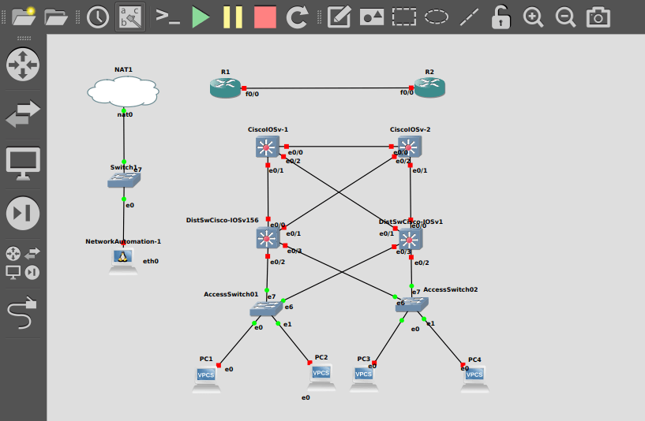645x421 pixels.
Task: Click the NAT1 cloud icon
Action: pyautogui.click(x=123, y=93)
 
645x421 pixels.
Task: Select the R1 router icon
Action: pyautogui.click(x=225, y=88)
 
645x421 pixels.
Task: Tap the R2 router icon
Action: pyautogui.click(x=429, y=88)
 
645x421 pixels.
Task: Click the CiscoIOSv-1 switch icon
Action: pyautogui.click(x=268, y=147)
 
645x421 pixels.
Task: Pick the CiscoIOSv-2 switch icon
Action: pyautogui.click(x=410, y=147)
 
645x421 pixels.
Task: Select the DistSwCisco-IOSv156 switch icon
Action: pyautogui.click(x=268, y=238)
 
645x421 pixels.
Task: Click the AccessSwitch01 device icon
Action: pyautogui.click(x=266, y=309)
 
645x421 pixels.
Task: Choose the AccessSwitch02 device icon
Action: pyautogui.click(x=411, y=304)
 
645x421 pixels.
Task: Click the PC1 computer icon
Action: pyautogui.click(x=206, y=377)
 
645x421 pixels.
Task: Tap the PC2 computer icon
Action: pyautogui.click(x=321, y=375)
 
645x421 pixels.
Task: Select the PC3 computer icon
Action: pyautogui.click(x=363, y=376)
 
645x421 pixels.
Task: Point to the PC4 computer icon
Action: pyautogui.click(x=474, y=377)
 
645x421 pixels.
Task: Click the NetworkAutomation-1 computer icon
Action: pyautogui.click(x=122, y=259)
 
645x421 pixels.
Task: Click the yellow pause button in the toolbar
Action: pyautogui.click(x=232, y=17)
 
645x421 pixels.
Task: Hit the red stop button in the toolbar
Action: pyautogui.click(x=265, y=17)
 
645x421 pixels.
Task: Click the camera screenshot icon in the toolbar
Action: pyautogui.click(x=598, y=17)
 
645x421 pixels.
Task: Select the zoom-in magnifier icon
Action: pyautogui.click(x=534, y=17)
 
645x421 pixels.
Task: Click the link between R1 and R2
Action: pyautogui.click(x=328, y=88)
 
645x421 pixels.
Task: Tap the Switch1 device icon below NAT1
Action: pyautogui.click(x=123, y=181)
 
